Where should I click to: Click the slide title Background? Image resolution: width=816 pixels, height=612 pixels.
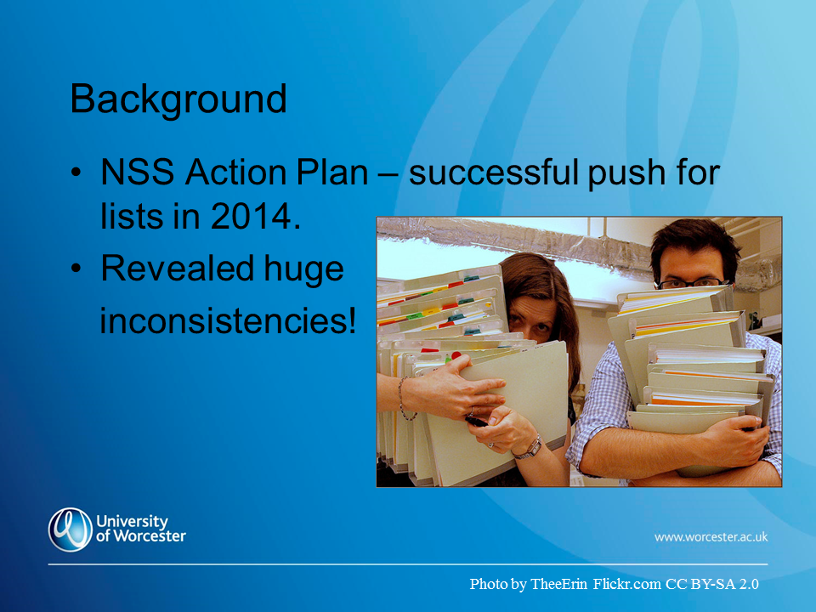[x=178, y=99]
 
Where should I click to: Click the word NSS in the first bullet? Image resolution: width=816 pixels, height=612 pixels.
[x=138, y=172]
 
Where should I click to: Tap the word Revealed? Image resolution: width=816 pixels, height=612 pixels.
[x=177, y=269]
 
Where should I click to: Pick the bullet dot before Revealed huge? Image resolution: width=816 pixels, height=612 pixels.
[x=76, y=269]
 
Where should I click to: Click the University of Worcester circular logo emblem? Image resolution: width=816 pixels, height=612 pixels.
[x=71, y=530]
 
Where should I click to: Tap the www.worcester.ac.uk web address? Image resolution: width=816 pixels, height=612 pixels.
[x=711, y=536]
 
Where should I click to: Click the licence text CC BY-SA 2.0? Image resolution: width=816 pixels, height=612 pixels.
[x=712, y=584]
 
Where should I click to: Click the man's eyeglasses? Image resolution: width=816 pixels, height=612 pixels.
[x=692, y=283]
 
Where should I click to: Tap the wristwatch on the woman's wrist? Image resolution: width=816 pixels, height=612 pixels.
[x=530, y=449]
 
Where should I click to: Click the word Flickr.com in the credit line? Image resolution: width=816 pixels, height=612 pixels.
[x=627, y=584]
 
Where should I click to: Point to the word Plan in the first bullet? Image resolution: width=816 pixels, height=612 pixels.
[x=332, y=172]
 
